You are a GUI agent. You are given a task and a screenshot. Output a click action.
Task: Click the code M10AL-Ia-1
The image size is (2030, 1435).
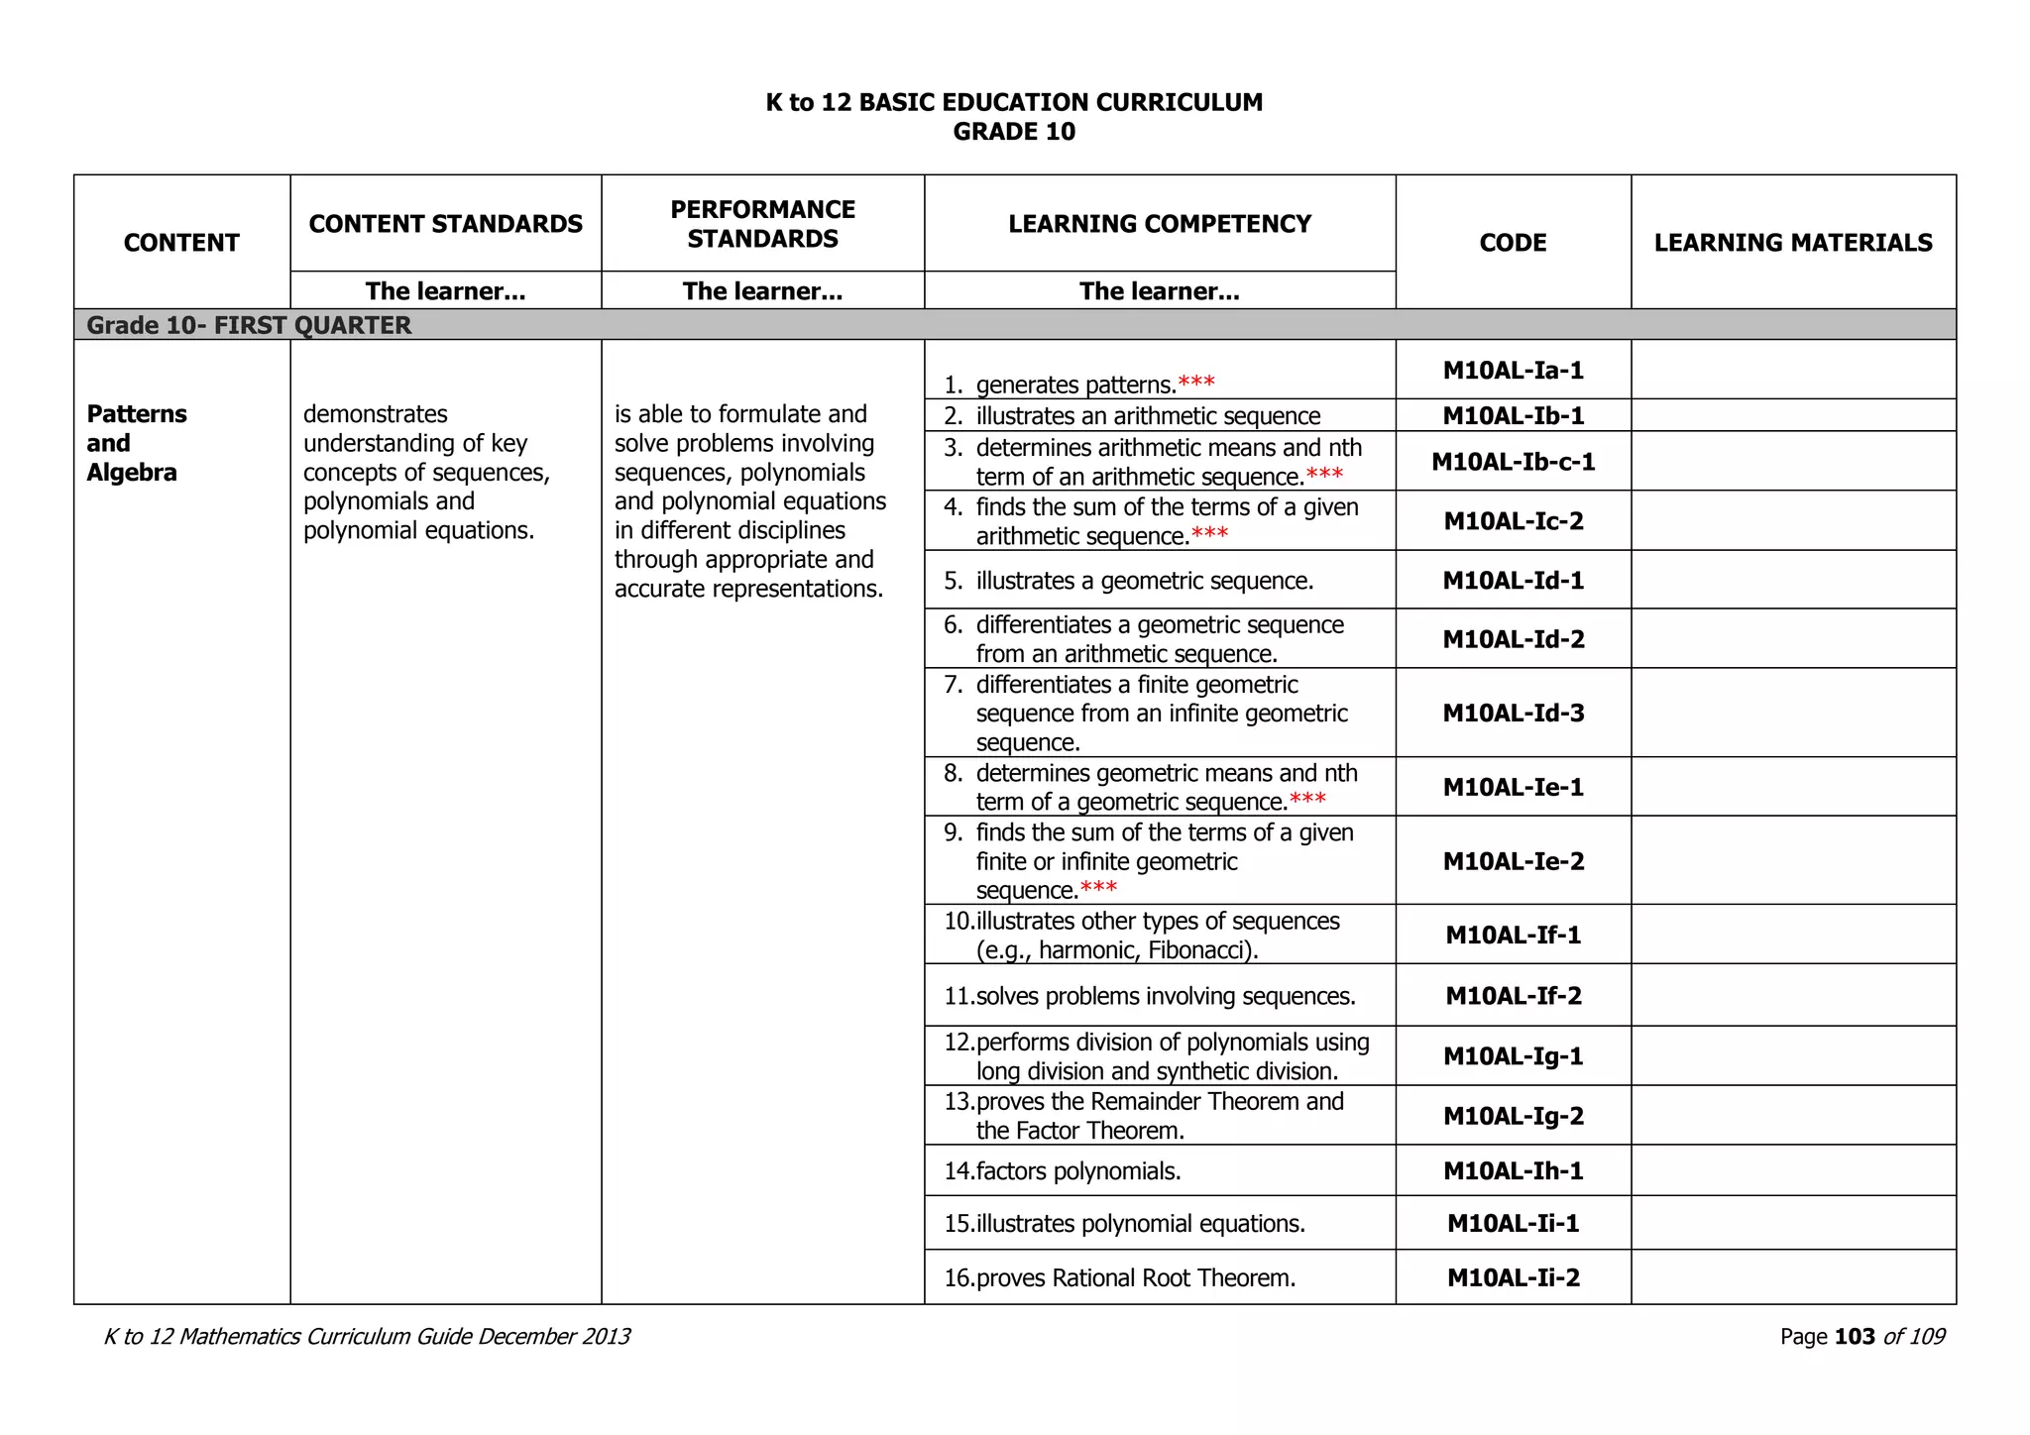pyautogui.click(x=1513, y=371)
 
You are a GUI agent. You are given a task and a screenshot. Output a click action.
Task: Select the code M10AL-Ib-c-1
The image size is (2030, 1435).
pyautogui.click(x=1513, y=462)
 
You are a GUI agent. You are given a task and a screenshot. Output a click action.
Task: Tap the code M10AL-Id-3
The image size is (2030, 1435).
pyautogui.click(x=1513, y=714)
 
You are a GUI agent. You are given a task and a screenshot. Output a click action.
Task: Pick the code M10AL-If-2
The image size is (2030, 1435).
pyautogui.click(x=1513, y=996)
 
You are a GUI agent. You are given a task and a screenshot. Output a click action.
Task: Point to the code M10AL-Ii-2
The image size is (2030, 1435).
pyautogui.click(x=1513, y=1277)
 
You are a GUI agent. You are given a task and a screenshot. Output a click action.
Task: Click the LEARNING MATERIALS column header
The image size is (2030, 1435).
pyautogui.click(x=1792, y=243)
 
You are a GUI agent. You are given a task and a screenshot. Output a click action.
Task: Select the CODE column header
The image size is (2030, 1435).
pyautogui.click(x=1513, y=243)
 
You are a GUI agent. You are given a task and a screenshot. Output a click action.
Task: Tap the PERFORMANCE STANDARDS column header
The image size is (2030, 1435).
pyautogui.click(x=762, y=224)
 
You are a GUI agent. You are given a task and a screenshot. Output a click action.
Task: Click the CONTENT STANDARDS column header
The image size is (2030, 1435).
pyautogui.click(x=445, y=224)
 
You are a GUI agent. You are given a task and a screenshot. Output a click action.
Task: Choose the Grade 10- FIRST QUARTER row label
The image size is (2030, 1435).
pyautogui.click(x=249, y=325)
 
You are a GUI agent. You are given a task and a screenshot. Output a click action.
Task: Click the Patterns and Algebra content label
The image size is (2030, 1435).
pyautogui.click(x=137, y=443)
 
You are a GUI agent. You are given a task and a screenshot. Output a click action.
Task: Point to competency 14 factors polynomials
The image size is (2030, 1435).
pyautogui.click(x=1077, y=1171)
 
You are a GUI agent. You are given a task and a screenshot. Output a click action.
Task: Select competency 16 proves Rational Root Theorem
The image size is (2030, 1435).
pyautogui.click(x=1135, y=1278)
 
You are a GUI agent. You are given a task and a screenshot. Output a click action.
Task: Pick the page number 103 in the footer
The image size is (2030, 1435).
pyautogui.click(x=1855, y=1337)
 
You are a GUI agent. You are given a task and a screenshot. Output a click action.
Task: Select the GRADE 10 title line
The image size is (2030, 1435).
pyautogui.click(x=1014, y=132)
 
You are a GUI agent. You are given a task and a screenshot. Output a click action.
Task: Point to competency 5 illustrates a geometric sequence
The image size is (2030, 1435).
pyautogui.click(x=1144, y=581)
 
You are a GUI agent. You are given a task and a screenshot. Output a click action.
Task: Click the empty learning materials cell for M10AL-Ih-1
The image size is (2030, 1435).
pyautogui.click(x=1792, y=1171)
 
